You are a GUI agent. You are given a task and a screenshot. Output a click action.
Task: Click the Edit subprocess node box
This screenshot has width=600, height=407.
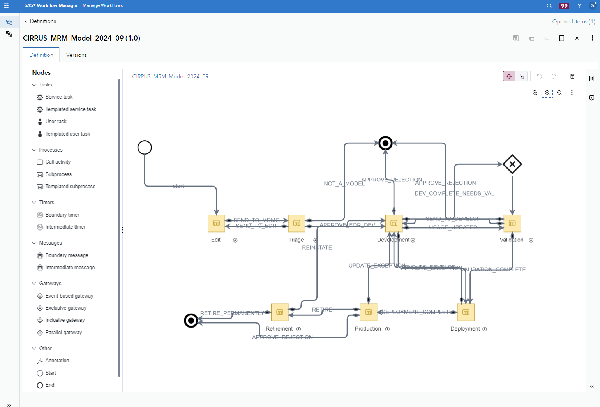pyautogui.click(x=216, y=223)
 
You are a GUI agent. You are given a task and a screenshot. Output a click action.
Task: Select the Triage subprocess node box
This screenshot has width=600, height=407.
pyautogui.click(x=296, y=223)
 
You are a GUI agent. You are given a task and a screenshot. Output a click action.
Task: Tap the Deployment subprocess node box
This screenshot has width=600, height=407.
pyautogui.click(x=466, y=312)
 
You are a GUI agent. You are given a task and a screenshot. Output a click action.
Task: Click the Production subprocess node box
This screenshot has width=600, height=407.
pyautogui.click(x=368, y=312)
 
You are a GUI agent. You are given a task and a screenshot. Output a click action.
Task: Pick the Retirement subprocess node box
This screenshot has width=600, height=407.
pyautogui.click(x=279, y=312)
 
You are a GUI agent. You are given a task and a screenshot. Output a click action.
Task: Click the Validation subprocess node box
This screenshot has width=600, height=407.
pyautogui.click(x=512, y=223)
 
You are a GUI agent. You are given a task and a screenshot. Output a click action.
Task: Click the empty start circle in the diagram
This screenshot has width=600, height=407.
pyautogui.click(x=145, y=148)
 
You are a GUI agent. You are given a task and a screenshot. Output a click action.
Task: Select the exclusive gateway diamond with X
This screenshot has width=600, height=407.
pyautogui.click(x=512, y=164)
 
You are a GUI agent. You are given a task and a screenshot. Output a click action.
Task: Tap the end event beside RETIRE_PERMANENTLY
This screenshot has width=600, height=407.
pyautogui.click(x=191, y=321)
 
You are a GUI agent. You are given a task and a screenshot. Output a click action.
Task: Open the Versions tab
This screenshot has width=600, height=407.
pyautogui.click(x=76, y=55)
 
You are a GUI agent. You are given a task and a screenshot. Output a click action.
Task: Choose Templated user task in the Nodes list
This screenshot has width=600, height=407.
pyautogui.click(x=67, y=134)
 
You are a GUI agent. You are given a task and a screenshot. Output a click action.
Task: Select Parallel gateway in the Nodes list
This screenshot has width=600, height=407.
pyautogui.click(x=64, y=333)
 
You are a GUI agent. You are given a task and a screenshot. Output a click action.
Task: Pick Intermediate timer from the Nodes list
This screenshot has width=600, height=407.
pyautogui.click(x=65, y=227)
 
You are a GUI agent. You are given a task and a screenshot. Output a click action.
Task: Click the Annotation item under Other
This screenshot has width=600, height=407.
pyautogui.click(x=57, y=361)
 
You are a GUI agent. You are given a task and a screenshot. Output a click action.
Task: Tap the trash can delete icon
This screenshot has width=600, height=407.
pyautogui.click(x=572, y=76)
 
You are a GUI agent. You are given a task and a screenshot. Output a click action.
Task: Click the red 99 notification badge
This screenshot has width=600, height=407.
pyautogui.click(x=564, y=6)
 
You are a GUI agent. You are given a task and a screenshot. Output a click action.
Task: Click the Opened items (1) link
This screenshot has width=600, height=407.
pyautogui.click(x=574, y=21)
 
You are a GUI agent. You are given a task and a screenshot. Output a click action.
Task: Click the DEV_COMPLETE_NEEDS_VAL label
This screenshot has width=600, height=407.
pyautogui.click(x=454, y=194)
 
